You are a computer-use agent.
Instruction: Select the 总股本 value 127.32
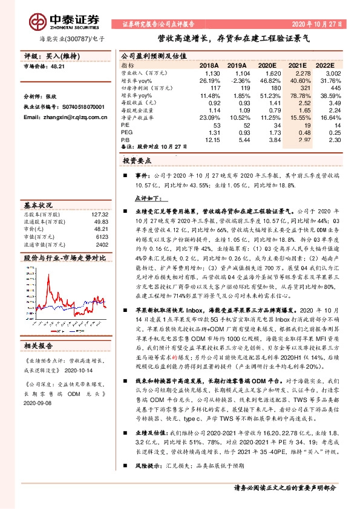[x=99, y=215]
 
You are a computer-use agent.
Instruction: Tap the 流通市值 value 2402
[x=102, y=245]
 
